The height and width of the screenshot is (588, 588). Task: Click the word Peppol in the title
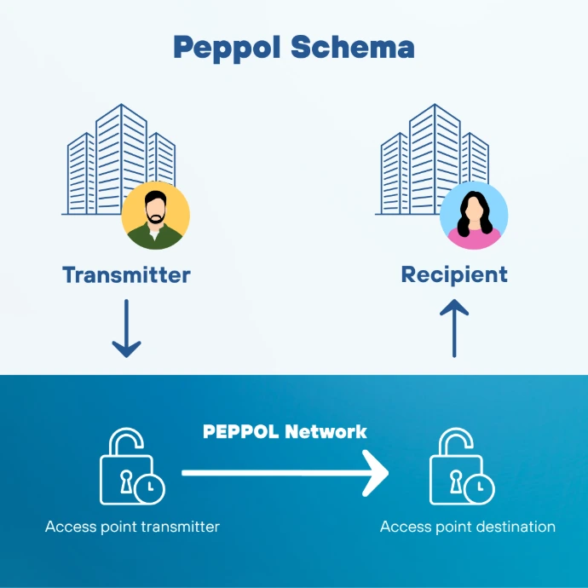[x=227, y=49]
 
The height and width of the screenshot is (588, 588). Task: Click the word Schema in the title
[x=353, y=47]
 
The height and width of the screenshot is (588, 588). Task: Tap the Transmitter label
[x=126, y=275]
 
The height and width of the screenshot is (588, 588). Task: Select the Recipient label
[x=454, y=275]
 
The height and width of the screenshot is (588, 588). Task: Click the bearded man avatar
[x=156, y=216]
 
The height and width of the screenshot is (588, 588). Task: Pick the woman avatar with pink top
[x=474, y=216]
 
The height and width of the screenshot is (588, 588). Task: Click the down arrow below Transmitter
[x=126, y=328]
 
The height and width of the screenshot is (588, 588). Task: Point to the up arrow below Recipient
[x=454, y=328]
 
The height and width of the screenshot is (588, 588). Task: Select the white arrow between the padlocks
[x=285, y=473]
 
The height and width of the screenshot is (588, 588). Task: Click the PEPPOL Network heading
[x=285, y=431]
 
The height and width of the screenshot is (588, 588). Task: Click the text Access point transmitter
[x=132, y=527]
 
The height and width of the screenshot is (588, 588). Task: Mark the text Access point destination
[x=468, y=527]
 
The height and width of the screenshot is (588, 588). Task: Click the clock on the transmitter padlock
[x=150, y=489]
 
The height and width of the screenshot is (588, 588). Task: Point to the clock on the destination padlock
[x=479, y=489]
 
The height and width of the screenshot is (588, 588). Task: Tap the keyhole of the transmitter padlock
[x=126, y=481]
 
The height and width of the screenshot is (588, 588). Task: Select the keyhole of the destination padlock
[x=456, y=481]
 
